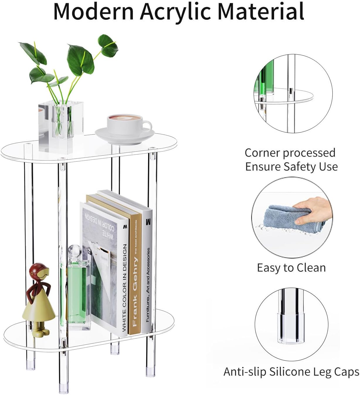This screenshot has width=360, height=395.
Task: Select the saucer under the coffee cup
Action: (x=125, y=136)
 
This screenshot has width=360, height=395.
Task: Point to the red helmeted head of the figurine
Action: (x=39, y=272)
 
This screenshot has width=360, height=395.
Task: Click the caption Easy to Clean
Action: (x=291, y=268)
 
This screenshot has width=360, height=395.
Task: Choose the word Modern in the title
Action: (x=94, y=11)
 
